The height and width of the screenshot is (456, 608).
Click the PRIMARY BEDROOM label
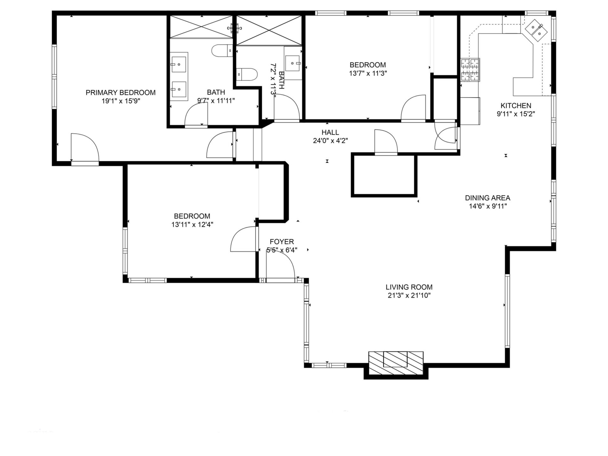coord(121,92)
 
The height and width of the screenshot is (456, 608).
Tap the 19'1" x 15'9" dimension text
coord(121,101)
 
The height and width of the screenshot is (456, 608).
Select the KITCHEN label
coord(516,105)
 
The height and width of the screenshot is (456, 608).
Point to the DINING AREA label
coord(488,198)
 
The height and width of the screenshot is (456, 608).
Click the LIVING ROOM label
coord(409,287)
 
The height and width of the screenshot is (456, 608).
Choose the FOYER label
coord(282,242)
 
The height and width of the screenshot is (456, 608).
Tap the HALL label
coord(330,132)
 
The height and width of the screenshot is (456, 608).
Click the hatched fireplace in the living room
coord(396,363)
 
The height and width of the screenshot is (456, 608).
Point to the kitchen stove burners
coord(470,70)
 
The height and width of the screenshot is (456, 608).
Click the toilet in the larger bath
coord(222,51)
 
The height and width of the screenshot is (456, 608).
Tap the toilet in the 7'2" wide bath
coord(247,74)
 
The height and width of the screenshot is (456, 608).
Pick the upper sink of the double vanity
coord(179,64)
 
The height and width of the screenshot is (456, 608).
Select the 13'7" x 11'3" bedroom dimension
coord(368,73)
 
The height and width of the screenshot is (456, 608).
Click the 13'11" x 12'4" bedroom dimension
coord(192,225)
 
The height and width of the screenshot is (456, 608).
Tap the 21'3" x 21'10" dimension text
coord(409,296)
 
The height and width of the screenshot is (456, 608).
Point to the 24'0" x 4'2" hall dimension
coord(330,141)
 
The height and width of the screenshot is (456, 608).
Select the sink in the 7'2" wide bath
coord(293,63)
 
